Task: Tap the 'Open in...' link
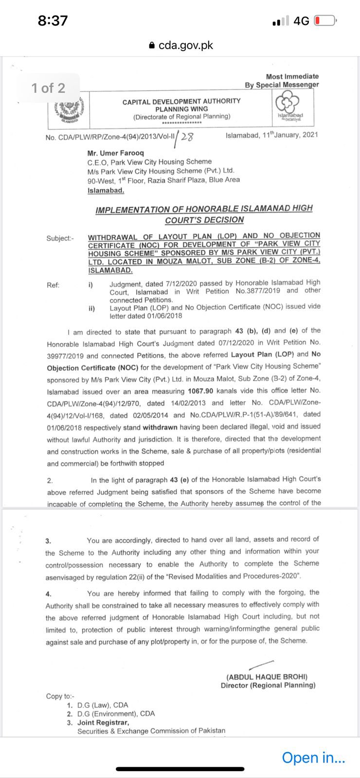pos(313,757)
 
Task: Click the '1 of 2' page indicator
pos(48,88)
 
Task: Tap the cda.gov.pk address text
pos(185,45)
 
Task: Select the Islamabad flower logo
pos(289,107)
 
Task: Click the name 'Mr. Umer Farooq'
pos(115,153)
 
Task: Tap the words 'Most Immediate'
pos(292,76)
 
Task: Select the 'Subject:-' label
pos(60,238)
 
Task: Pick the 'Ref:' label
pos(53,285)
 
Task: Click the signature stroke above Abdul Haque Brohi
pos(261,665)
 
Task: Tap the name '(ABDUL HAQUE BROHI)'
pos(267,676)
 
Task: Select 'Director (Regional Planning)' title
pos(268,685)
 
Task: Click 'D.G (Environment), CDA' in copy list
pos(116,714)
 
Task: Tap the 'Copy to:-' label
pos(60,696)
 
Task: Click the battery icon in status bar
pos(325,21)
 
